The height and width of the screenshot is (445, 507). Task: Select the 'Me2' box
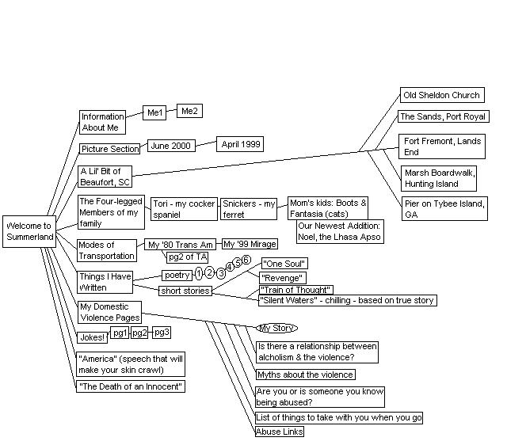[189, 112]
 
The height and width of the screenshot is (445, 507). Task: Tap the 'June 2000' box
[170, 146]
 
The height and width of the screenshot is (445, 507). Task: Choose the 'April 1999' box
[240, 145]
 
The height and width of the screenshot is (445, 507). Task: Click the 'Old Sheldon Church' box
[441, 96]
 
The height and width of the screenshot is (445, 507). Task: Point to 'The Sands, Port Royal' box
[443, 117]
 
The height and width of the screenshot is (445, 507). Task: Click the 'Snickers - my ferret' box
[248, 209]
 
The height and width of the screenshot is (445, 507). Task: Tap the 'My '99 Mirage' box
[250, 244]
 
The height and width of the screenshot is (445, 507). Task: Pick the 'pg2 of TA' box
[188, 257]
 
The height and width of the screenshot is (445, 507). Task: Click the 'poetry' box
[177, 276]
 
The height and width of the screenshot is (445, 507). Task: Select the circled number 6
[246, 260]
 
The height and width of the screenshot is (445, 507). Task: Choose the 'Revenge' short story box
[282, 278]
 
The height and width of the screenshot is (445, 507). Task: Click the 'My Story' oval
[277, 328]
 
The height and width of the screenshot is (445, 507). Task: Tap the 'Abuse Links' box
[280, 432]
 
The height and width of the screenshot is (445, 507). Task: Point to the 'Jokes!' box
[93, 337]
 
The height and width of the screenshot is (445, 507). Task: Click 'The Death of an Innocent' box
[131, 386]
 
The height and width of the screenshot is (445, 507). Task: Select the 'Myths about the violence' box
[305, 375]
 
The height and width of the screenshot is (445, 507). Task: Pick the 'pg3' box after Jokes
[162, 332]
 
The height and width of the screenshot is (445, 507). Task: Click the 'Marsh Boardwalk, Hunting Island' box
[439, 178]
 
